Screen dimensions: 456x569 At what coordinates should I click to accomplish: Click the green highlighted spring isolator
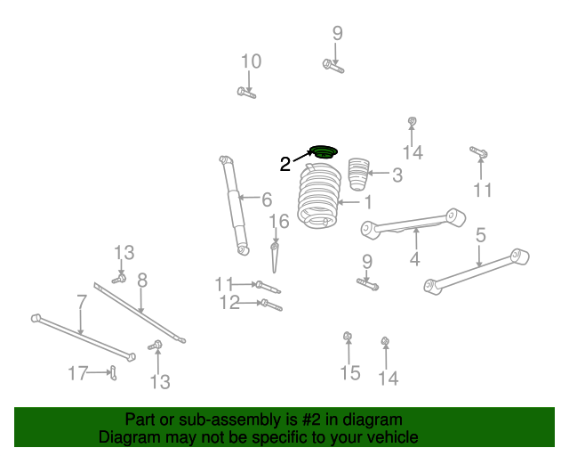click(x=324, y=152)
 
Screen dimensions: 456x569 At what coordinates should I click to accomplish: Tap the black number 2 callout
click(x=284, y=164)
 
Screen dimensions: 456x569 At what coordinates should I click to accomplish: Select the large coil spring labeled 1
click(x=319, y=198)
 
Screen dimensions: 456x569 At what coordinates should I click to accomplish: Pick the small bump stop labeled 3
click(x=357, y=173)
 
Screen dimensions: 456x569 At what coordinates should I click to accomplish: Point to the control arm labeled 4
click(x=413, y=225)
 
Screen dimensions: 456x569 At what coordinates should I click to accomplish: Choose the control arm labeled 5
click(x=477, y=271)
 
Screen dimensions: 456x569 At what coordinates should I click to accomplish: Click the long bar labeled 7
click(x=82, y=336)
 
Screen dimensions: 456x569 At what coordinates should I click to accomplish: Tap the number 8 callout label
click(x=141, y=280)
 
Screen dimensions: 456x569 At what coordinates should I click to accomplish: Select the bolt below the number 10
click(x=247, y=92)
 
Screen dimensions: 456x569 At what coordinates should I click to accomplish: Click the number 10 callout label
click(x=251, y=61)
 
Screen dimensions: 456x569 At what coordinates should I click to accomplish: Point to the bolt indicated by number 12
click(x=270, y=305)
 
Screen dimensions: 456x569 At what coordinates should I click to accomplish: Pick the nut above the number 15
click(x=349, y=337)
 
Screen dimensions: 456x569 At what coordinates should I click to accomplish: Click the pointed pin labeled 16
click(x=276, y=257)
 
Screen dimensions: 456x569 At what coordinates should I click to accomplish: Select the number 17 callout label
click(x=78, y=373)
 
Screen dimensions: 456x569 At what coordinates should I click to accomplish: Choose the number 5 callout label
click(x=480, y=235)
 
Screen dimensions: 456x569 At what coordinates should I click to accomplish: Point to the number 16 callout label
click(x=278, y=221)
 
